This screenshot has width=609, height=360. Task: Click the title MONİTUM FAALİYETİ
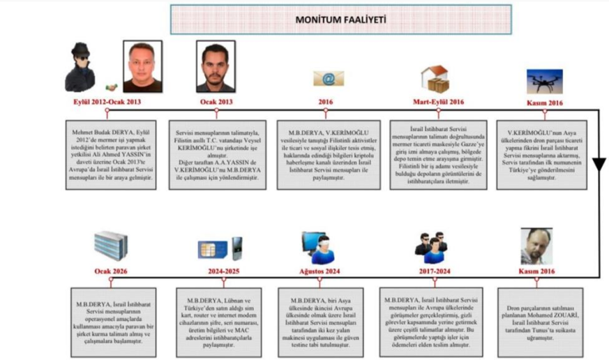(x=341, y=20)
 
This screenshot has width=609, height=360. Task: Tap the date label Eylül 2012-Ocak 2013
(x=106, y=101)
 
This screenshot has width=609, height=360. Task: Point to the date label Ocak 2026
(x=112, y=271)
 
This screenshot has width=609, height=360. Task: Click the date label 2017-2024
(x=431, y=271)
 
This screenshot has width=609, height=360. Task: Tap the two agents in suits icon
(x=430, y=245)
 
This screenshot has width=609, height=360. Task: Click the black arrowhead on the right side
(x=599, y=165)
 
